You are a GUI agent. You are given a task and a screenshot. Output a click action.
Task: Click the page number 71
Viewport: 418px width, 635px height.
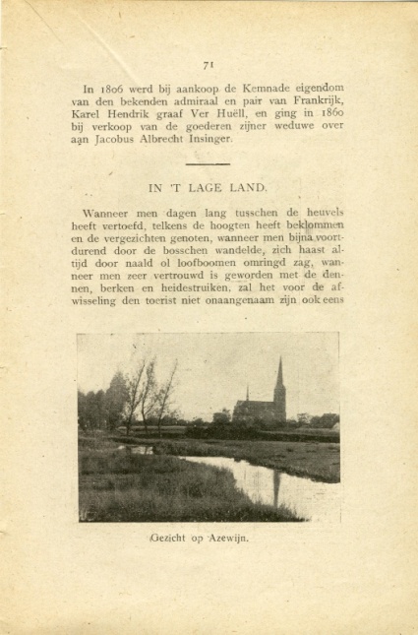(x=209, y=65)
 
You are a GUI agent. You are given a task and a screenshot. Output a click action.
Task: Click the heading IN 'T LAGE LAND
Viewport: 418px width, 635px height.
(x=209, y=186)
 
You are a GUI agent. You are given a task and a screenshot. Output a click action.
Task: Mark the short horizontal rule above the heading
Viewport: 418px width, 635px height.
(x=208, y=163)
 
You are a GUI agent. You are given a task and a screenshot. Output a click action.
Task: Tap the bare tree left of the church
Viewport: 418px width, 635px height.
(x=139, y=389)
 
